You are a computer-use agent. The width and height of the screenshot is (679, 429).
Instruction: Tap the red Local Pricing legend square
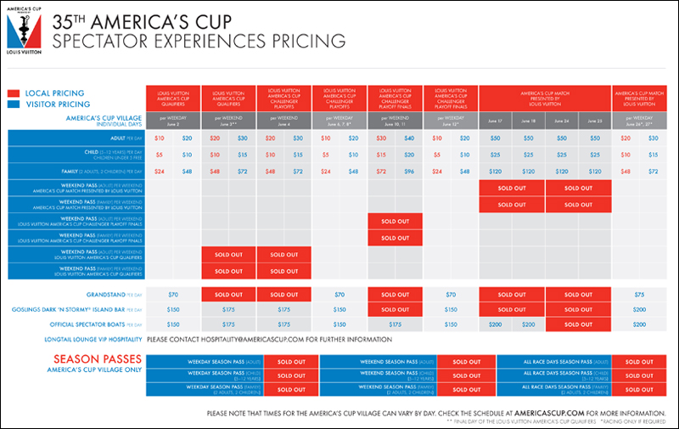click(14, 93)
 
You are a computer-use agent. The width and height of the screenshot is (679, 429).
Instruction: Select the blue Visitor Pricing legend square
click(14, 104)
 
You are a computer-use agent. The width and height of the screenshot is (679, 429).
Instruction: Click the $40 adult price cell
click(409, 138)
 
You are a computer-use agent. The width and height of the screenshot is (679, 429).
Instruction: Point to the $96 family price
click(409, 172)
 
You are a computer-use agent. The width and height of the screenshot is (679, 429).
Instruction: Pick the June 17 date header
click(495, 121)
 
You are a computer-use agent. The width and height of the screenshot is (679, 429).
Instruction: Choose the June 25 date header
click(594, 121)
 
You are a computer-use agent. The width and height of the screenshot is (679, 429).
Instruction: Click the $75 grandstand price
click(638, 293)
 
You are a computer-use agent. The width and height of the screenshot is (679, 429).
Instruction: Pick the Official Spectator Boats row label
click(92, 325)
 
